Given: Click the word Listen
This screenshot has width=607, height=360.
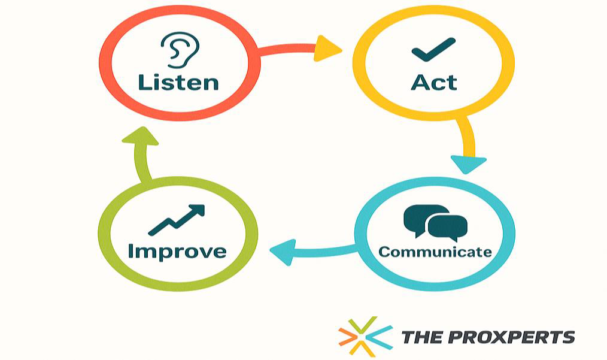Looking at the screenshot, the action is click(178, 83).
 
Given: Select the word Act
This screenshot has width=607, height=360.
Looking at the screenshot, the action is click(434, 82).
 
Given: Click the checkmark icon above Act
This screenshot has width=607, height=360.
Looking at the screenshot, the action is click(433, 50).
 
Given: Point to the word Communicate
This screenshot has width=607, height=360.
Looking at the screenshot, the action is click(435, 252).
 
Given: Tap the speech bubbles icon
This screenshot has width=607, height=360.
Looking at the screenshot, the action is click(436, 221).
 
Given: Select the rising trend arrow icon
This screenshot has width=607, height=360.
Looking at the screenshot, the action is click(176, 220).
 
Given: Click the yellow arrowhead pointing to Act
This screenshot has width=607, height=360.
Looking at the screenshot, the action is click(327, 49).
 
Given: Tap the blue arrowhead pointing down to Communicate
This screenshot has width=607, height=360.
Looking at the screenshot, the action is click(468, 164).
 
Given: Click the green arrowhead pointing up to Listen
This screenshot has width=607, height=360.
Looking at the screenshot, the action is click(140, 136).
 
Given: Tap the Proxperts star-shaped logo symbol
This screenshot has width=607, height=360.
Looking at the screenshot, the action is click(365, 336).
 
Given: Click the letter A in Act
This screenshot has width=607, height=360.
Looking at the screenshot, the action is click(420, 82).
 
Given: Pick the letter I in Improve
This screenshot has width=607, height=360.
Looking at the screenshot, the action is click(131, 251).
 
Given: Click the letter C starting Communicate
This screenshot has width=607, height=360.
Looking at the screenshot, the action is click(386, 252).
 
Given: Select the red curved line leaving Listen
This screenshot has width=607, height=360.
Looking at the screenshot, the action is click(287, 50).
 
